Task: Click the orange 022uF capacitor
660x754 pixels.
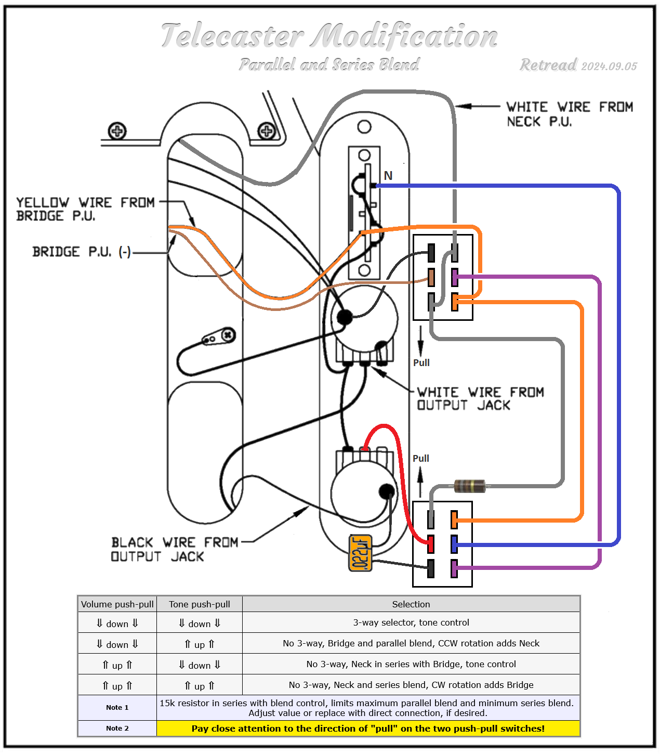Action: coord(361,553)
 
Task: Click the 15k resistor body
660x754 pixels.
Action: coord(469,486)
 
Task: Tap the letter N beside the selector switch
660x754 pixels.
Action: coord(388,176)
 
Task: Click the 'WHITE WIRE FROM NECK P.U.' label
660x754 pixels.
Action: coord(570,114)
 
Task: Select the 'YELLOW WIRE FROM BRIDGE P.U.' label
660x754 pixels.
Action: coord(85,209)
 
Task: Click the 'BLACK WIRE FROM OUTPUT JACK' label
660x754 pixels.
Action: coord(174,550)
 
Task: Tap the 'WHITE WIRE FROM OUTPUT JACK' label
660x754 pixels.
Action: coord(480,399)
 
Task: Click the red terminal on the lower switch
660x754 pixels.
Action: coord(430,544)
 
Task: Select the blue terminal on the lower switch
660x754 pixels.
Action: coord(454,544)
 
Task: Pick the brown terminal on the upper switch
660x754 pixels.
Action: coord(431,277)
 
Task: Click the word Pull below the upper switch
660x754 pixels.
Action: coord(421,362)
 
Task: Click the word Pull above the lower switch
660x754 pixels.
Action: coord(420,458)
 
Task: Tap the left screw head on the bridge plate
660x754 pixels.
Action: coord(117,131)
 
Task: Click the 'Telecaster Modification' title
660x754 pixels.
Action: coord(329,36)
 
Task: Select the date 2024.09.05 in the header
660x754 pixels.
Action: coord(609,66)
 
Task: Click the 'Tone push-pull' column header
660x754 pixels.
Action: coord(200,604)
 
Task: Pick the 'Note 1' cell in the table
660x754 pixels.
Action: coord(117,707)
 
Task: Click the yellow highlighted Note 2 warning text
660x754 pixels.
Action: coord(368,729)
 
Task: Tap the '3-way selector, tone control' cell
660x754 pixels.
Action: coord(411,622)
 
